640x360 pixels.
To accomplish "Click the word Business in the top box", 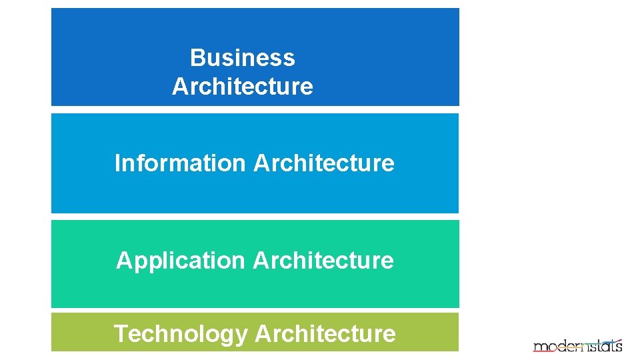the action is click(242, 58).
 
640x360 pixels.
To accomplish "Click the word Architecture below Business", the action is click(242, 87).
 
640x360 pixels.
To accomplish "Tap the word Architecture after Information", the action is click(324, 163).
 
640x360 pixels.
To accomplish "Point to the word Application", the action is click(181, 261).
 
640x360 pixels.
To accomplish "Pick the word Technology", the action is click(180, 333).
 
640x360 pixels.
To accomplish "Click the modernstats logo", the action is click(577, 345).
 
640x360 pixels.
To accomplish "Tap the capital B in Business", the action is click(197, 58).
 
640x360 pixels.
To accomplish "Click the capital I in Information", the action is click(118, 163).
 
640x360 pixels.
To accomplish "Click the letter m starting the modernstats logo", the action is click(539, 347).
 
